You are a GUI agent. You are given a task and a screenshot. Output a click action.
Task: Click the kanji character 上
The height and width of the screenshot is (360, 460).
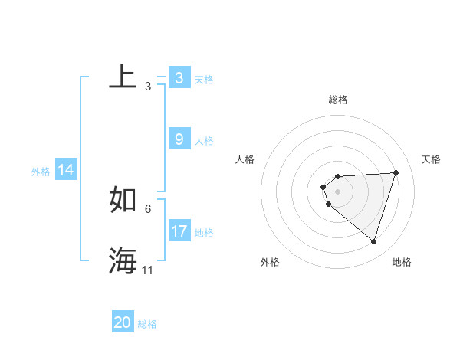pyautogui.click(x=123, y=77)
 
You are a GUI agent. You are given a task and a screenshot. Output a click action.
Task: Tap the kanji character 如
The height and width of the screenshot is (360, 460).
pyautogui.click(x=123, y=200)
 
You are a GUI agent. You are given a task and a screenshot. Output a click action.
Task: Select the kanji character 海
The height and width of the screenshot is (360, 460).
pyautogui.click(x=123, y=260)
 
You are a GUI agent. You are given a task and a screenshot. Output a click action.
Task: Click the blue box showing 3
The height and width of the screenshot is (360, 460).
pyautogui.click(x=179, y=78)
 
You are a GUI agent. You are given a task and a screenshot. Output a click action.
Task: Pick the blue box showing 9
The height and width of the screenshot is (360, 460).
pyautogui.click(x=179, y=139)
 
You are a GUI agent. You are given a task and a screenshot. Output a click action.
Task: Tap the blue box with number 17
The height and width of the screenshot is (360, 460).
pyautogui.click(x=179, y=231)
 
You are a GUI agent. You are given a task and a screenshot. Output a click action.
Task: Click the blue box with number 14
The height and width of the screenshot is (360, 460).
pyautogui.click(x=66, y=170)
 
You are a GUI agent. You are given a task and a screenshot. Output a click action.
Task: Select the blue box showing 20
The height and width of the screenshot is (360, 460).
pyautogui.click(x=123, y=322)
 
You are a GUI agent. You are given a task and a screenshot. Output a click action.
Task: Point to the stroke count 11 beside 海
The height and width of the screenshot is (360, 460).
pyautogui.click(x=148, y=270)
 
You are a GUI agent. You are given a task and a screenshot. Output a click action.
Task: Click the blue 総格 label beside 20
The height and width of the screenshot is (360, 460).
pyautogui.click(x=148, y=324)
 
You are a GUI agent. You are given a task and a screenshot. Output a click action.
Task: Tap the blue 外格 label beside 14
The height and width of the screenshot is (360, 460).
pyautogui.click(x=41, y=172)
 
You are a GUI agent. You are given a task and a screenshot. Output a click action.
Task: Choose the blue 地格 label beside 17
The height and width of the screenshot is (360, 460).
pyautogui.click(x=204, y=233)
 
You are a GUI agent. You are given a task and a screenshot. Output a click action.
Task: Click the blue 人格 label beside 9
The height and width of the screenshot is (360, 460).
pyautogui.click(x=204, y=141)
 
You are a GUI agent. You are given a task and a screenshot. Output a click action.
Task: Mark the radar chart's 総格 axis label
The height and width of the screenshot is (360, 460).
pyautogui.click(x=338, y=100)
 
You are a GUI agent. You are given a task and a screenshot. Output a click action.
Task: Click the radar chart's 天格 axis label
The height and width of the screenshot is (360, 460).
pyautogui.click(x=431, y=159)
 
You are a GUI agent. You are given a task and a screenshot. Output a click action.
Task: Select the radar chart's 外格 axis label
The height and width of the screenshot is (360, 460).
pyautogui.click(x=270, y=262)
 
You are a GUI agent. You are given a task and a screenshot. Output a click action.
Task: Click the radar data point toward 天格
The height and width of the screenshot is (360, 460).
pyautogui.click(x=396, y=172)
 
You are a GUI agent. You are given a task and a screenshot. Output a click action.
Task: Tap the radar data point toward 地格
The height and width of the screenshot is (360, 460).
pyautogui.click(x=373, y=241)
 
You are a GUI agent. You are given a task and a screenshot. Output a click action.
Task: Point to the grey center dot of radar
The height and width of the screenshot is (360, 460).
pyautogui.click(x=338, y=191)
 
